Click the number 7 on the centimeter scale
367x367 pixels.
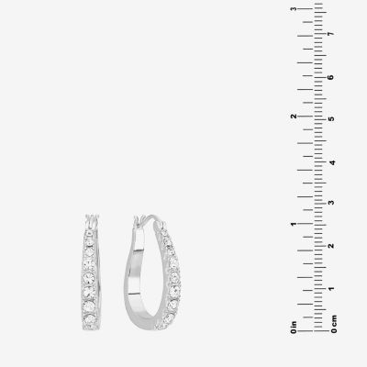tap(330, 34)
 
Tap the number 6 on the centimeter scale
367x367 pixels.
tap(331, 77)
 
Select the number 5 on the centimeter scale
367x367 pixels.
tap(331, 118)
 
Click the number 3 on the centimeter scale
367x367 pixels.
tap(331, 203)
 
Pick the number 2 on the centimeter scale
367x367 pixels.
tap(331, 246)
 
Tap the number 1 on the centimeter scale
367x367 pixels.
tap(331, 288)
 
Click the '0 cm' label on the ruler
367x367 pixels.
tap(334, 324)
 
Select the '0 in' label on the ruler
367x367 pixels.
tap(294, 327)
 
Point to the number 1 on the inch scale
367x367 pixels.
tap(294, 224)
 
